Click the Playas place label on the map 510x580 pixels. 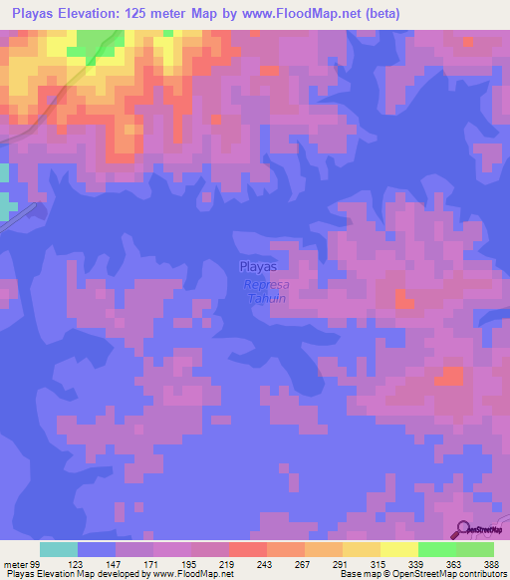pos(258,267)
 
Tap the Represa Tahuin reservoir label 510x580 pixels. pos(264,293)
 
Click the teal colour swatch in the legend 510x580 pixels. pos(59,549)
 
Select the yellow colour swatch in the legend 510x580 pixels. pos(398,549)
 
